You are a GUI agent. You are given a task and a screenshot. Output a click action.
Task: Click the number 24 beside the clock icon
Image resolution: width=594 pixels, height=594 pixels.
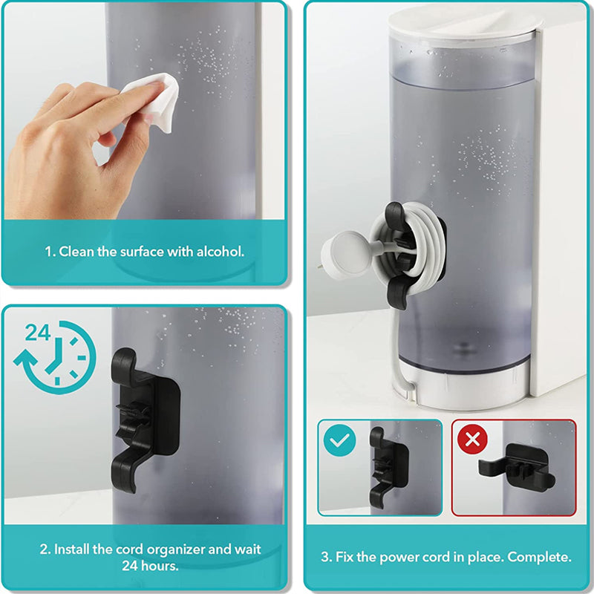pos(38,333)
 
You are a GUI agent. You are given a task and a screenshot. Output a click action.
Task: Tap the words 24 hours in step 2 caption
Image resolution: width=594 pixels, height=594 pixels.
pos(151,566)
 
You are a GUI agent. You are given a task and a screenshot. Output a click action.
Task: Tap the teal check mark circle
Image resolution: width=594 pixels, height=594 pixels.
pos(340,440)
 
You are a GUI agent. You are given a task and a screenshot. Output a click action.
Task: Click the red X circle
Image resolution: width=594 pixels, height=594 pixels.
pos(472,440)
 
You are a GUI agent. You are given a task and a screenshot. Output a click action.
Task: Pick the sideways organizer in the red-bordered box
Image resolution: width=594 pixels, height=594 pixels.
pos(516,467)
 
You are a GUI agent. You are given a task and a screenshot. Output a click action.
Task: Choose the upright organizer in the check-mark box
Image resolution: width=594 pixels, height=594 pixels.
pos(388,467)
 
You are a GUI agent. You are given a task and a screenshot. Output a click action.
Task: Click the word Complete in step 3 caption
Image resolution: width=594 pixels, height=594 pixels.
pos(539,557)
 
